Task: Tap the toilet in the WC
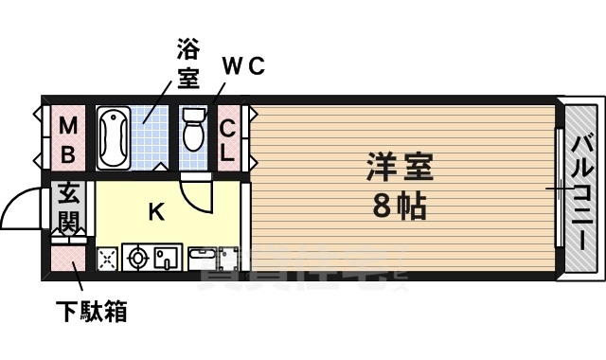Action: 193,130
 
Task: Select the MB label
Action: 68,138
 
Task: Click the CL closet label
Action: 228,138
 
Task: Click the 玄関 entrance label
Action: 69,208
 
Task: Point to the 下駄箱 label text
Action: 91,310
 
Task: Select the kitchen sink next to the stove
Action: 168,257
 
